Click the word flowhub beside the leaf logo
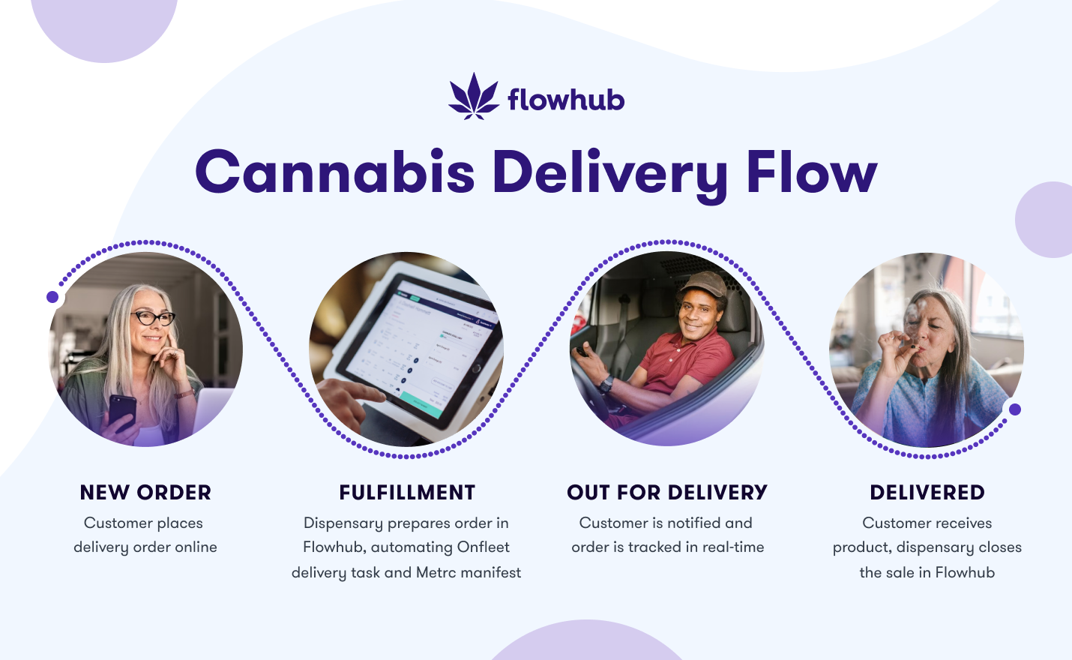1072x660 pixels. pos(566,99)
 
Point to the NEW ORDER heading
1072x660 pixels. pos(145,492)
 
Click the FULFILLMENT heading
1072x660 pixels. pos(407,492)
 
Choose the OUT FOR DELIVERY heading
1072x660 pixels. pos(667,492)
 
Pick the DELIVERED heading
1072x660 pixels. pos(927,492)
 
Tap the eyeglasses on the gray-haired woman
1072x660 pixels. pos(153,317)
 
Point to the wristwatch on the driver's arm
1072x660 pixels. pos(606,384)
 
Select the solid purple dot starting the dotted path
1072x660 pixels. pos(52,297)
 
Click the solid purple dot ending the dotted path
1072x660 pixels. pos(1014,409)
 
